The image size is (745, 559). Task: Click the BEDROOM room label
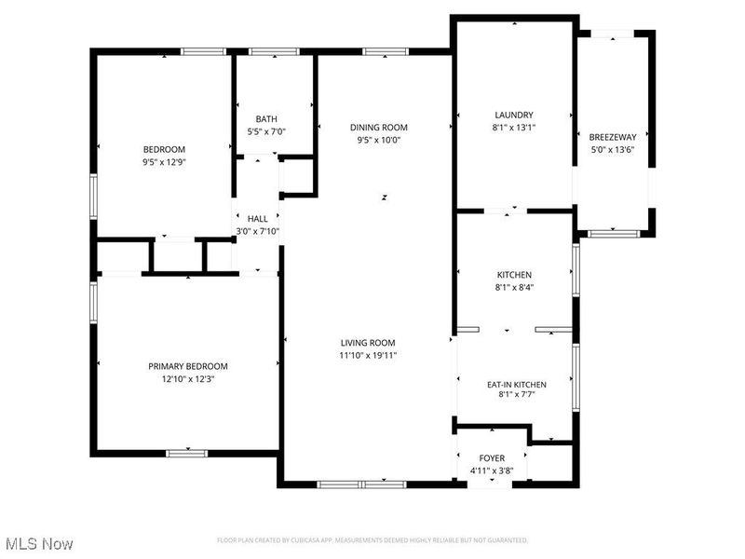[164, 150]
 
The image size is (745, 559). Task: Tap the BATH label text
[267, 118]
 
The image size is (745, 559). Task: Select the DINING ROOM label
[379, 128]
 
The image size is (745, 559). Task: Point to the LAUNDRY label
[514, 115]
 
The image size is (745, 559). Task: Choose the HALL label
[257, 219]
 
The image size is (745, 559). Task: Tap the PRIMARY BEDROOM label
[188, 366]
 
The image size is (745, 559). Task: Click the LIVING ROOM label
[369, 343]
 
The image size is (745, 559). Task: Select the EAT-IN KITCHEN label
[517, 385]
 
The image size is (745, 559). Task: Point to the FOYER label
[492, 458]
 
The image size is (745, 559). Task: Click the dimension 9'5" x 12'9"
[164, 162]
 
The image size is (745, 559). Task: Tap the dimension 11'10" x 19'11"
[369, 355]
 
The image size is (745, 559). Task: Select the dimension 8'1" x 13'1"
[514, 128]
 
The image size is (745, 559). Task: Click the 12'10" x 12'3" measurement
[188, 378]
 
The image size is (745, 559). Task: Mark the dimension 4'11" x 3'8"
[492, 470]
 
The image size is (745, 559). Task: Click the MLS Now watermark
[39, 542]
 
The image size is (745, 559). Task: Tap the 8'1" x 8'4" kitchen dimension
[514, 287]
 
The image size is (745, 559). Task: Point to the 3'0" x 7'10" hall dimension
[257, 231]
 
